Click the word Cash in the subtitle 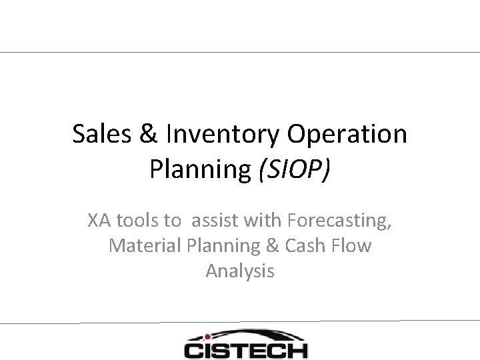point(305,246)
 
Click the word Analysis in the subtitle point(240,272)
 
